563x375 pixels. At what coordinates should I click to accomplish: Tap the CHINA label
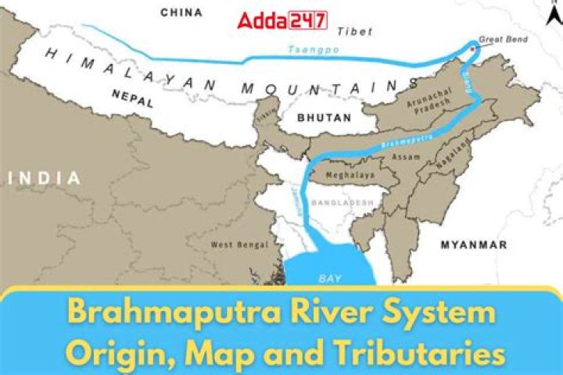(x=181, y=12)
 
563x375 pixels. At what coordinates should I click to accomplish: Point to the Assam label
(x=410, y=158)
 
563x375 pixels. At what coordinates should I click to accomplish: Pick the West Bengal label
(x=234, y=245)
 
